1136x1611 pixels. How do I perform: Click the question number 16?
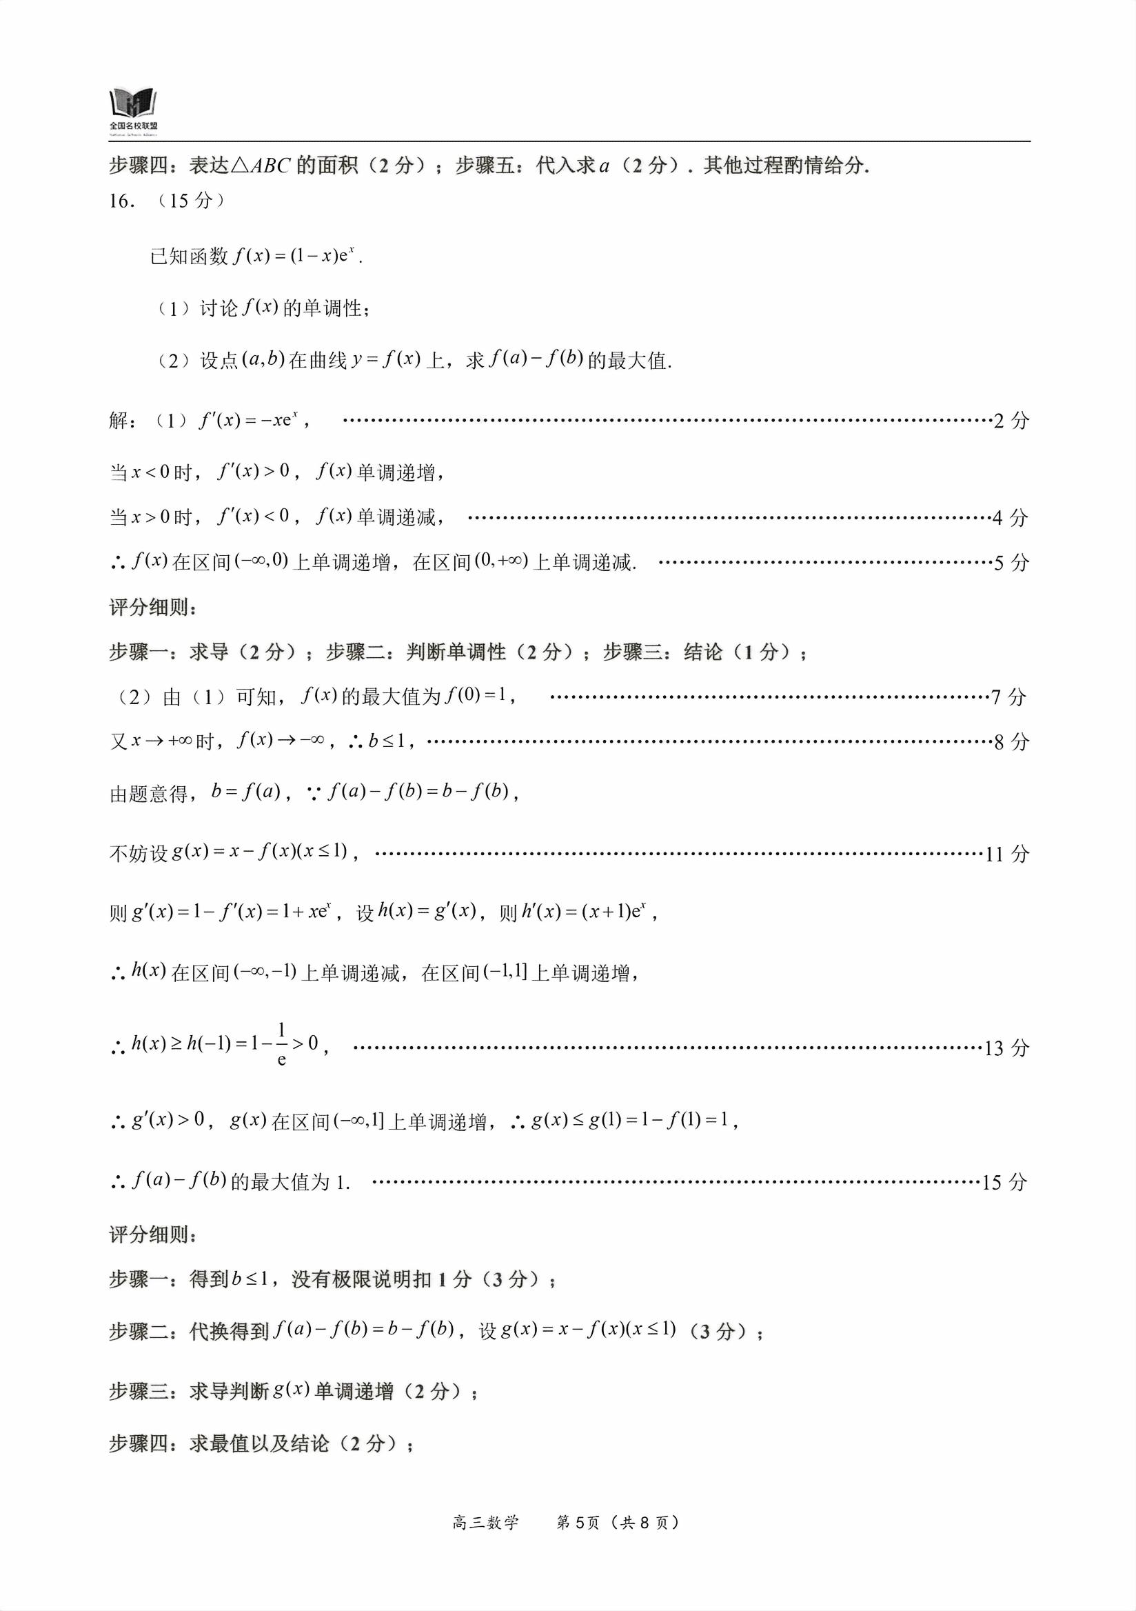[121, 201]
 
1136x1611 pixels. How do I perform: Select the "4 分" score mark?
[1011, 518]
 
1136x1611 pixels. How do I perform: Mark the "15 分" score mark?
[1004, 1183]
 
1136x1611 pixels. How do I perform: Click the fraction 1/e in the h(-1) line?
[281, 1045]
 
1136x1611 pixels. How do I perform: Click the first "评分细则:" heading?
[153, 608]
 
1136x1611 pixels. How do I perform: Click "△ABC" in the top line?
[260, 166]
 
